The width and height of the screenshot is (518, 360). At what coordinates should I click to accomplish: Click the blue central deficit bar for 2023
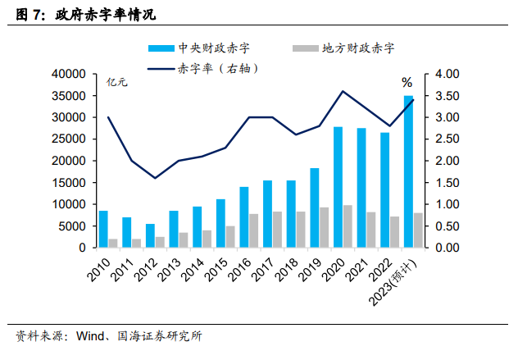pos(408,171)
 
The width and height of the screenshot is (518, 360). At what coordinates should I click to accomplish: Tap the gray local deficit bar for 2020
pos(348,226)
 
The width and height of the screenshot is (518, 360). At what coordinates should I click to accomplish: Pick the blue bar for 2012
pos(150,235)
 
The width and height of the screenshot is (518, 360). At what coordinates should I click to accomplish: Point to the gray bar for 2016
pos(255,230)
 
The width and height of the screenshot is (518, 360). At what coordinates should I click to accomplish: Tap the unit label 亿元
pos(118,82)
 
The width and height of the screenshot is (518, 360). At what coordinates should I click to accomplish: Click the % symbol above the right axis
pos(407,82)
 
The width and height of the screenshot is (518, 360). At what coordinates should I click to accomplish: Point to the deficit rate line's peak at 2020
pos(343,91)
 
